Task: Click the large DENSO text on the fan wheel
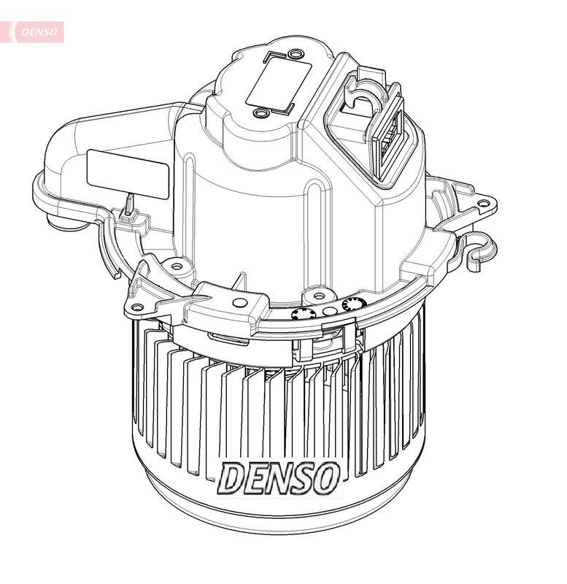click(279, 477)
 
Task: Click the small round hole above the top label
click(294, 55)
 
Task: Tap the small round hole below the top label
click(260, 114)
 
